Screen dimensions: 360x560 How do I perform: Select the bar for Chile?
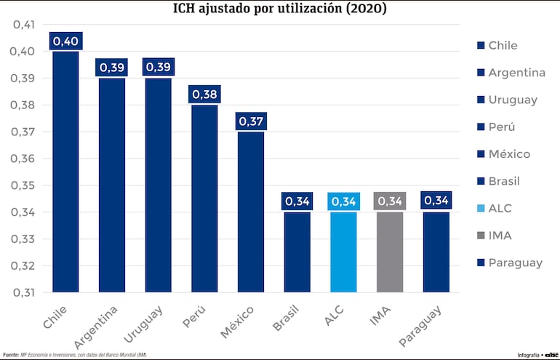coord(65,171)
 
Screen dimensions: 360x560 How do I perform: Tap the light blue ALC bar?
coord(343,251)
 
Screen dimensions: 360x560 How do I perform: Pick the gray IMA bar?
coord(390,251)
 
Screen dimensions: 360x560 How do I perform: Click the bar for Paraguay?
coord(436,251)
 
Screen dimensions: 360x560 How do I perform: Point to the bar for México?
coord(251,211)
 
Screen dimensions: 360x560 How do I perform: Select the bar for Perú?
coord(204,198)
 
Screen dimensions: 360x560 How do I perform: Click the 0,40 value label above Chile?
coord(65,41)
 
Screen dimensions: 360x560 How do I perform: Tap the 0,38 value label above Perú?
coord(204,94)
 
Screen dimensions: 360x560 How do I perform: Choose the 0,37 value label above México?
coord(251,121)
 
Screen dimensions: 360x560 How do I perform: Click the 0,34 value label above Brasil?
coord(297,201)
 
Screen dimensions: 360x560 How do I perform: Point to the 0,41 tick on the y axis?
coord(24,25)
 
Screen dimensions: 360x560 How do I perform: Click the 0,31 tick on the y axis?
coord(24,292)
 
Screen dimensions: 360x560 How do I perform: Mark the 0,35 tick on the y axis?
coord(24,185)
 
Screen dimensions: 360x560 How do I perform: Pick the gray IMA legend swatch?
coord(480,236)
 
